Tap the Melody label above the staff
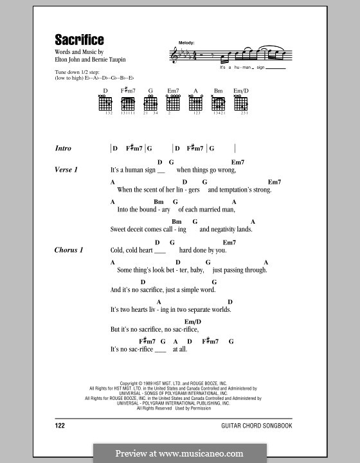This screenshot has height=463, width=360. (x=186, y=42)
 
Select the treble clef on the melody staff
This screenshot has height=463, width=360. (x=173, y=55)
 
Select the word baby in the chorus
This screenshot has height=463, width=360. (x=195, y=270)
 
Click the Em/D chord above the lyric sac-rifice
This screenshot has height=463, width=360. (x=193, y=321)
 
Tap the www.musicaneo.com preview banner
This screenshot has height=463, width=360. (x=180, y=453)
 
